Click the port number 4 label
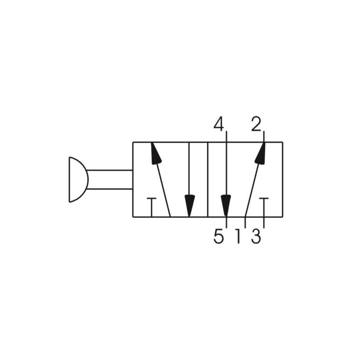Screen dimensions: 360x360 219,125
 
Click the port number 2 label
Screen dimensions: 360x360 256,124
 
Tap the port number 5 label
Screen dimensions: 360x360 218,237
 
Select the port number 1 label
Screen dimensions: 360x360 238,237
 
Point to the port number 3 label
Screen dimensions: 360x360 256,237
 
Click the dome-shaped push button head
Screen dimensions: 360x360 78,180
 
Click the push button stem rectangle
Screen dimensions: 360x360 110,180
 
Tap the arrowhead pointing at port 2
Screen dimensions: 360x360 261,153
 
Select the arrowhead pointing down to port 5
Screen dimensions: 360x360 226,206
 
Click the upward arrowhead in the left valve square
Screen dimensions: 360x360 156,153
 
